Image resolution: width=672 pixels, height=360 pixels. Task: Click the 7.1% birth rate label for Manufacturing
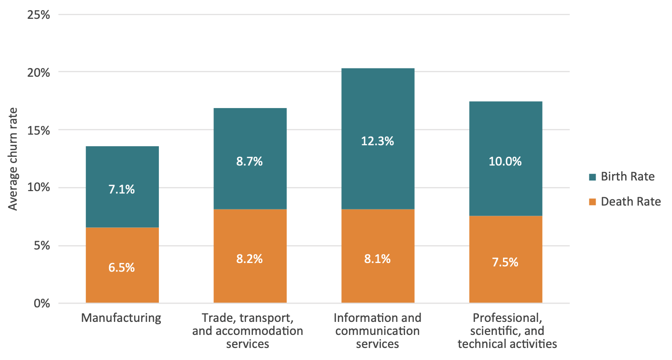click(x=122, y=190)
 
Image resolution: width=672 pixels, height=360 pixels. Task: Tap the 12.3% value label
click(x=378, y=141)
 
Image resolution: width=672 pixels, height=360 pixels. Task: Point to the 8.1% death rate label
click(x=378, y=259)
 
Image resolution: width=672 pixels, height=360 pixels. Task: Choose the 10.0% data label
click(x=505, y=162)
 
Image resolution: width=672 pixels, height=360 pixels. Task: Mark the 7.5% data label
click(x=505, y=262)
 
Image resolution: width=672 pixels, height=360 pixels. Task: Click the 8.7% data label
click(x=250, y=162)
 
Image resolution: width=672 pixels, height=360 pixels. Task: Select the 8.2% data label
click(x=250, y=259)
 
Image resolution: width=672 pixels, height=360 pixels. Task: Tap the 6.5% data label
click(x=122, y=267)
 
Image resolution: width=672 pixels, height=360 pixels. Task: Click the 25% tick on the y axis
click(x=39, y=14)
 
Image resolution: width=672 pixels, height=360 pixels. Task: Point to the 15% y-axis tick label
click(x=39, y=130)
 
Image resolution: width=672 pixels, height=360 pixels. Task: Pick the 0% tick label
click(x=42, y=304)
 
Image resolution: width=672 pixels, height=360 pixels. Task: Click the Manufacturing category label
click(x=121, y=318)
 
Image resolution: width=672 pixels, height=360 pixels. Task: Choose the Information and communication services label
click(x=378, y=331)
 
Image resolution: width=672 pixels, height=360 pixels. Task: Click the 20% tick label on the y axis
click(x=39, y=72)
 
